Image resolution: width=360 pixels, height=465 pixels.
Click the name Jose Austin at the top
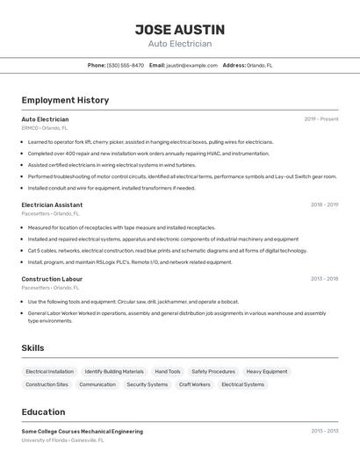pyautogui.click(x=179, y=29)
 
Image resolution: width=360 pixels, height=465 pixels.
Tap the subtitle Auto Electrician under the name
pyautogui.click(x=179, y=44)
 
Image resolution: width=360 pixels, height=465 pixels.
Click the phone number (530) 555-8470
pyautogui.click(x=126, y=65)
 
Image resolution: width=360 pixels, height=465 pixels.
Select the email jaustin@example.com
pyautogui.click(x=191, y=65)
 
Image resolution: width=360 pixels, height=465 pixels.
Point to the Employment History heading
pyautogui.click(x=65, y=100)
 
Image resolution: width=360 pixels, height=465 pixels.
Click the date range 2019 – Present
pyautogui.click(x=321, y=119)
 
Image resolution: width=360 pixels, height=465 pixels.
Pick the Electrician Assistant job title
pyautogui.click(x=52, y=204)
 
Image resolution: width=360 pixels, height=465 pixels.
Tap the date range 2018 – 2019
pyautogui.click(x=324, y=204)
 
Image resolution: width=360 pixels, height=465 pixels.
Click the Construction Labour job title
pyautogui.click(x=52, y=279)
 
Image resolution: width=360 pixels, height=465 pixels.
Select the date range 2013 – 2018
pyautogui.click(x=324, y=279)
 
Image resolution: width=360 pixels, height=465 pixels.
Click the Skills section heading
pyautogui.click(x=32, y=348)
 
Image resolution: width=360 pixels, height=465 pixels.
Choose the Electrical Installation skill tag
pyautogui.click(x=49, y=371)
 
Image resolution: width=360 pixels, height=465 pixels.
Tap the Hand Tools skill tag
pyautogui.click(x=167, y=371)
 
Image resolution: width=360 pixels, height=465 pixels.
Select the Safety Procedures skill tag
pyautogui.click(x=213, y=371)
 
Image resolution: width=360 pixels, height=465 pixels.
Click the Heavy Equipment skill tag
pyautogui.click(x=267, y=371)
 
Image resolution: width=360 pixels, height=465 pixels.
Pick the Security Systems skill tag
pyautogui.click(x=147, y=384)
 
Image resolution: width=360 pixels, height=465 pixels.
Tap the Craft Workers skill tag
pyautogui.click(x=195, y=384)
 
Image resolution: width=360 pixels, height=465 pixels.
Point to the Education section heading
pyautogui.click(x=43, y=412)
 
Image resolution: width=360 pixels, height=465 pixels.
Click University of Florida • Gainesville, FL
pyautogui.click(x=63, y=440)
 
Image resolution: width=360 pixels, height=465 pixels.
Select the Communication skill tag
pyautogui.click(x=97, y=384)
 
